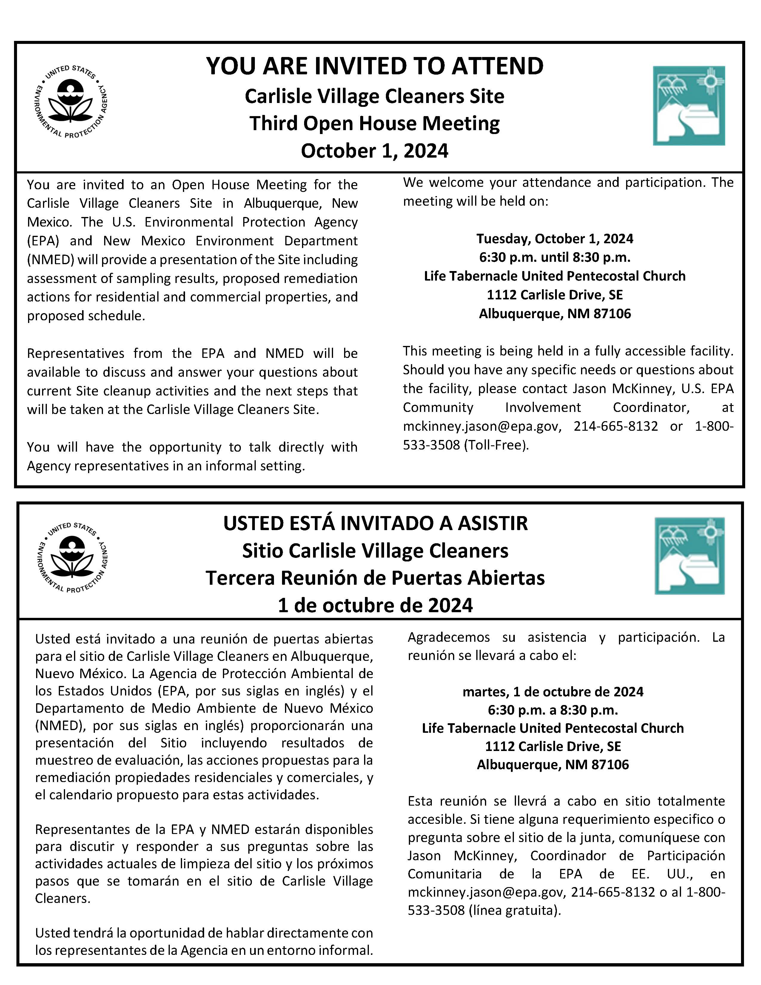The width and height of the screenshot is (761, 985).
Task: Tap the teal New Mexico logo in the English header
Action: click(x=688, y=106)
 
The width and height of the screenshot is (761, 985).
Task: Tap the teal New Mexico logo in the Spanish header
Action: click(x=689, y=556)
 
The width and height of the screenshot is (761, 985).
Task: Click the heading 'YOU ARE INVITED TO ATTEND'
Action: click(x=375, y=66)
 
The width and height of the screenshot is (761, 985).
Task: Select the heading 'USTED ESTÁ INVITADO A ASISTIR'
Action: click(x=375, y=523)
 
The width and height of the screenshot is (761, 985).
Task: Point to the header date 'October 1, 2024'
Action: click(x=375, y=151)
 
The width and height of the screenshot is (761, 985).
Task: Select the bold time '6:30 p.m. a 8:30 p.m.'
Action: click(x=553, y=710)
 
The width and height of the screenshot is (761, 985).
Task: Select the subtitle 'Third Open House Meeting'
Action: click(x=375, y=123)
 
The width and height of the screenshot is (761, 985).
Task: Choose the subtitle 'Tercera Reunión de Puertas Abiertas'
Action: click(x=375, y=578)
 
